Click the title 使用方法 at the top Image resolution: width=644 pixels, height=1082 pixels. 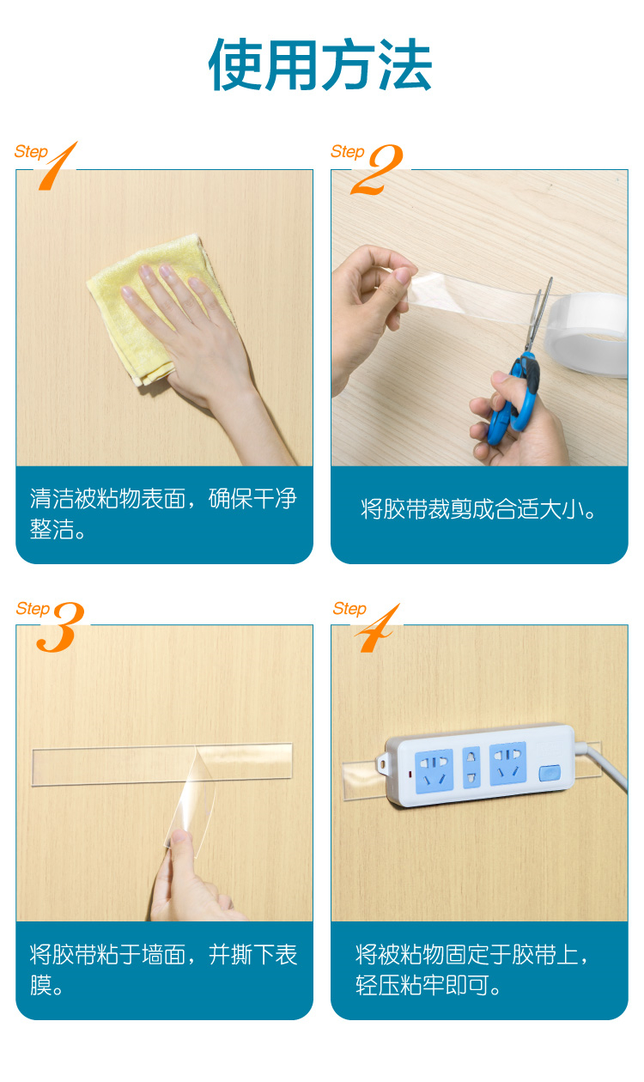(x=320, y=64)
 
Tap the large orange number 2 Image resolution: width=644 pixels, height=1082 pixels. (x=377, y=169)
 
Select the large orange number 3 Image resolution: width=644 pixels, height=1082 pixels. (x=60, y=627)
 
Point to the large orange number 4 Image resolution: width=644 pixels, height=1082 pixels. (x=377, y=628)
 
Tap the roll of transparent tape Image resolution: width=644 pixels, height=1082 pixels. (x=586, y=333)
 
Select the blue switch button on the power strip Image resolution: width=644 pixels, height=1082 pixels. (x=550, y=772)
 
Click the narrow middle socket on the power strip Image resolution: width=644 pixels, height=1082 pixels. (x=471, y=768)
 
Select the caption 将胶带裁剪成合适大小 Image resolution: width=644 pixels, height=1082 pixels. (x=478, y=509)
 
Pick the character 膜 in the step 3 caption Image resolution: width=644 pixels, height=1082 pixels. (x=41, y=985)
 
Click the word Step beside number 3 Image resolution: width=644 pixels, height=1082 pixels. (x=33, y=609)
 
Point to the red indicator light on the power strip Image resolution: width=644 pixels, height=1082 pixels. (x=410, y=775)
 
